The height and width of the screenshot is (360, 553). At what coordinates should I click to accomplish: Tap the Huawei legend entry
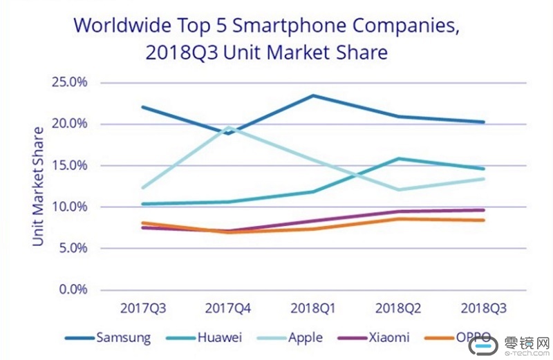[221, 338]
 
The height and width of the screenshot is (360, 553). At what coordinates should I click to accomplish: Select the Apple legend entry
[306, 338]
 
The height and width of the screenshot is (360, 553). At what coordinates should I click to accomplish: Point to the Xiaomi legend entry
[389, 338]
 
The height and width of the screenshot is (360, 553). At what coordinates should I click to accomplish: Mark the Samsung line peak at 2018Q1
[313, 95]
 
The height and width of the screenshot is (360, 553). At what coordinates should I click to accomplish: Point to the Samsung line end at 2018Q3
[483, 122]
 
